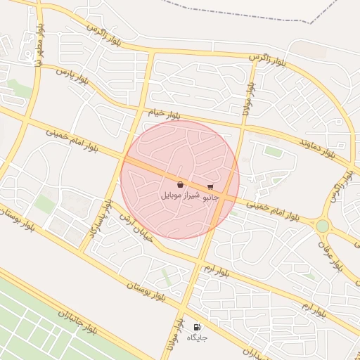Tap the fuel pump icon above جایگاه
point(197,327)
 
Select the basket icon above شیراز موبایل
point(181,184)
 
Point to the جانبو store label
point(211,198)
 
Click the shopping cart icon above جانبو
point(210,187)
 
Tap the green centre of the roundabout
point(322,226)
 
